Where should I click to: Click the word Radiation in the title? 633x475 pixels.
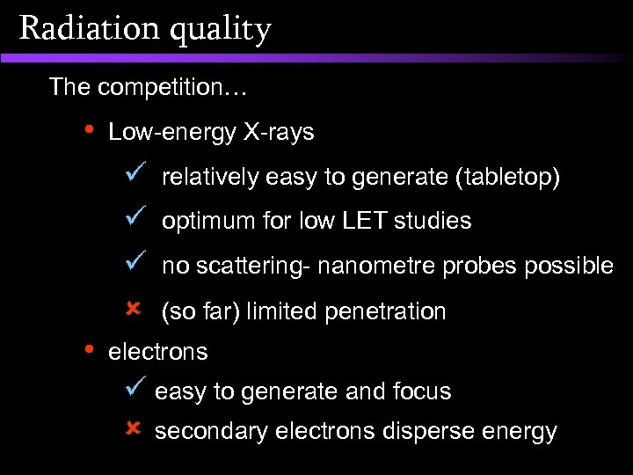[x=76, y=28]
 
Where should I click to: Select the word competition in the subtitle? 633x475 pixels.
[x=161, y=87]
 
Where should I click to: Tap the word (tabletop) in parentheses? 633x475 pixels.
[x=507, y=179]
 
